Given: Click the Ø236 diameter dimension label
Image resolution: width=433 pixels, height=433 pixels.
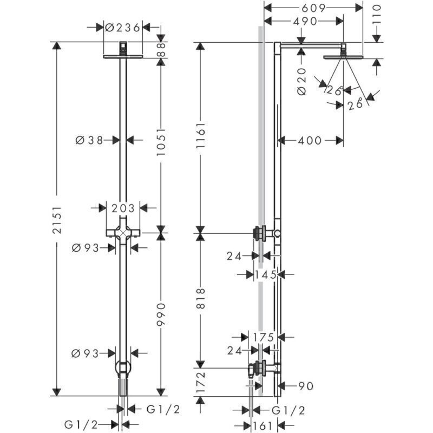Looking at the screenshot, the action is click(123, 28).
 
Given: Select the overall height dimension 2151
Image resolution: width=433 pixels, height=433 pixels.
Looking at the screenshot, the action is click(57, 220).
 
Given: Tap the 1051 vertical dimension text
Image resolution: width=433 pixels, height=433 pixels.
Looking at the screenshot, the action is click(161, 141).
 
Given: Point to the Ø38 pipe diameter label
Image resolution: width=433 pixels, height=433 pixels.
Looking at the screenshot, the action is click(89, 140).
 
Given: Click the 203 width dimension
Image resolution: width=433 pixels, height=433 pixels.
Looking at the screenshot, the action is click(123, 208).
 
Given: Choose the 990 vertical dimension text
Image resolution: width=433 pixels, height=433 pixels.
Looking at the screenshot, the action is click(161, 314).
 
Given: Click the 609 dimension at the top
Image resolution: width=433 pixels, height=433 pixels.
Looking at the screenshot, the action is click(313, 8).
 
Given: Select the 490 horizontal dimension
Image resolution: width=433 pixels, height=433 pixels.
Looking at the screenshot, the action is click(305, 21).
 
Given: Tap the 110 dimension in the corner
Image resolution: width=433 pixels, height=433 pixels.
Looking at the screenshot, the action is click(376, 15).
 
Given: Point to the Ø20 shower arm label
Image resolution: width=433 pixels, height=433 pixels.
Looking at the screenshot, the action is click(302, 82).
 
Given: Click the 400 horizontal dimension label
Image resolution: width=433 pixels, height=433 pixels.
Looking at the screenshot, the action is click(310, 141).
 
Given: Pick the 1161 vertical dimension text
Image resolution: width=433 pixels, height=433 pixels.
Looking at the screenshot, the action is click(201, 136).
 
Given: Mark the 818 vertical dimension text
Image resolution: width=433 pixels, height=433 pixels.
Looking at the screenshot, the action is click(201, 299).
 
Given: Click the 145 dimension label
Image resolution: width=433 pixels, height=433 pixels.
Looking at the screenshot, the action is click(265, 275).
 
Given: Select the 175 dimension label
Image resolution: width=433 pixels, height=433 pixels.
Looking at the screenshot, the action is click(263, 337).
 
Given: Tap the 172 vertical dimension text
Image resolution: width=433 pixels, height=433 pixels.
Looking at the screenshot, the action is click(201, 382).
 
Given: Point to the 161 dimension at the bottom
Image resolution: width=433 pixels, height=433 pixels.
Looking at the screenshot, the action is click(263, 426).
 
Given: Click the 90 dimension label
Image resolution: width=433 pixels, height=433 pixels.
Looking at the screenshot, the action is click(305, 386).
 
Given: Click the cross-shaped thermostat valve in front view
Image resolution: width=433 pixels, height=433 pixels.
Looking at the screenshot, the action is click(123, 233).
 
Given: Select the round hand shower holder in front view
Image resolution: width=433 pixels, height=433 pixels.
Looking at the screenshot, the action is click(123, 368).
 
